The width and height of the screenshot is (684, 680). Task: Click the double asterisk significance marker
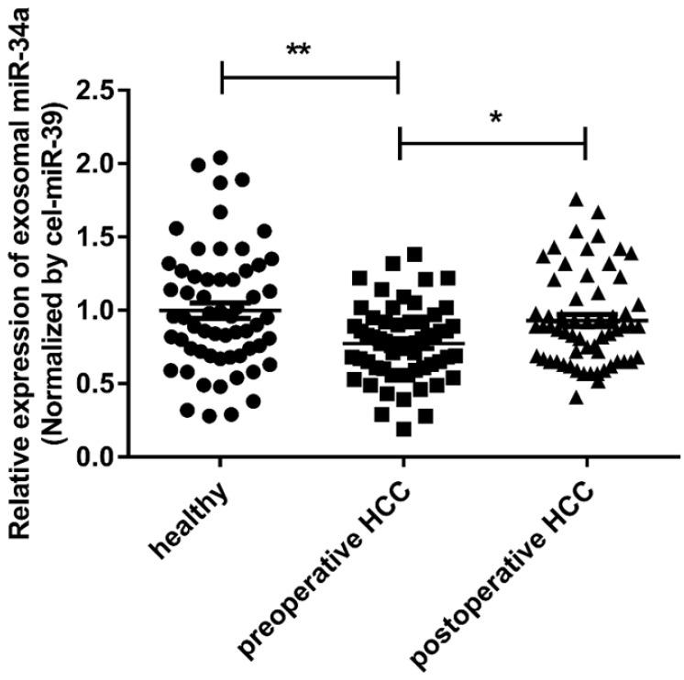[298, 50]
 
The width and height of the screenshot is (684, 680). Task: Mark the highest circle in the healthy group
[220, 159]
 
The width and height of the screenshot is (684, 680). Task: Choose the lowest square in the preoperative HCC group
[403, 429]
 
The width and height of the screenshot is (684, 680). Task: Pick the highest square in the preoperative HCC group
[414, 254]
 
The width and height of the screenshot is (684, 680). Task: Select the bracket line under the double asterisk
[310, 76]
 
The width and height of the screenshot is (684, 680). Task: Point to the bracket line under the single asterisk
[492, 142]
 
